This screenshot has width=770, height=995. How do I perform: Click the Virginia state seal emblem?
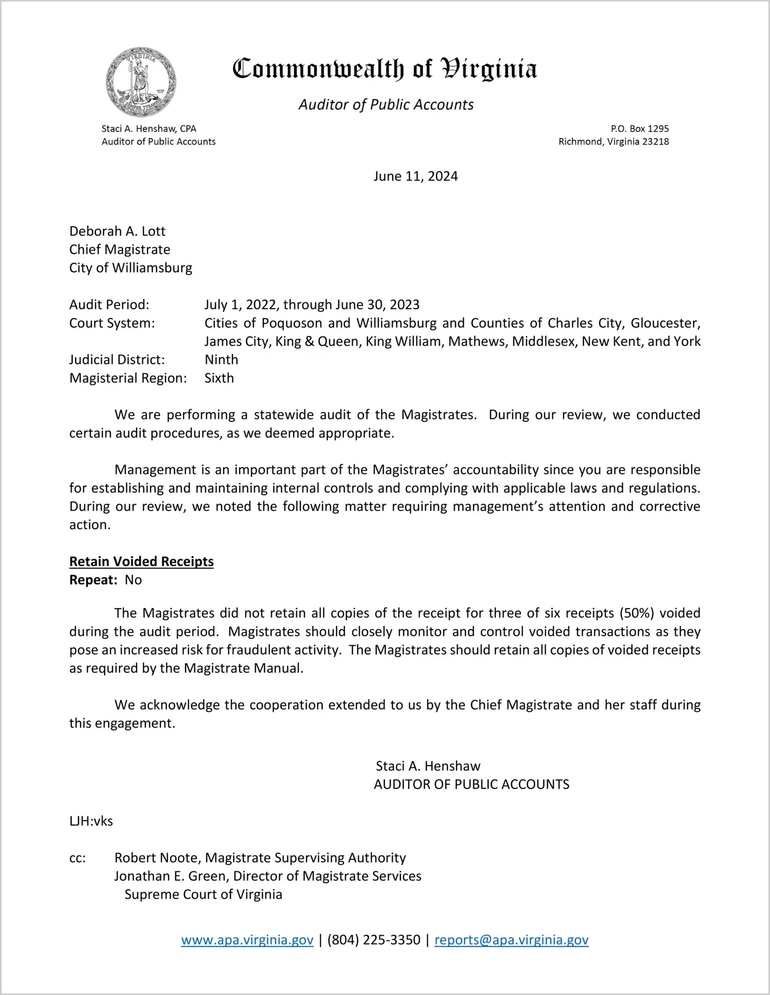coord(141,82)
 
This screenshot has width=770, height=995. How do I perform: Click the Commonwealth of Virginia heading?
coord(384,70)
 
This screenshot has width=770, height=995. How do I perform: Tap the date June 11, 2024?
coord(415,176)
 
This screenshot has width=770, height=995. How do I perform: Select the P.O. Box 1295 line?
coord(640,128)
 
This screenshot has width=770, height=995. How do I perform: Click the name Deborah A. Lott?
coord(118,231)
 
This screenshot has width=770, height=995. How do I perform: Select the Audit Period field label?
coord(109,305)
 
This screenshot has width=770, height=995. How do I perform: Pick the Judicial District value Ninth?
coord(221,360)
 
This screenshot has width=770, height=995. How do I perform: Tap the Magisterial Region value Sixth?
coord(219,378)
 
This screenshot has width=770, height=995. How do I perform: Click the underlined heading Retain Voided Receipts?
coord(141,562)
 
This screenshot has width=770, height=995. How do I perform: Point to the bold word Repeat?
coord(93,580)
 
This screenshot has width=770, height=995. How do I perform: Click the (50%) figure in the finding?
coord(637,613)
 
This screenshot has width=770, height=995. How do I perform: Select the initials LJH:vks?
coord(91,821)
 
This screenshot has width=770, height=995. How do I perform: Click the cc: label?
coord(77,858)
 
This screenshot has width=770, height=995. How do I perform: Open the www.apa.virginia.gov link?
coord(247,940)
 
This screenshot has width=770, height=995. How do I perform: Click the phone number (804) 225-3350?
coord(374,940)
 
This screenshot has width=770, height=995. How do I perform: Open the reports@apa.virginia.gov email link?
coord(511,940)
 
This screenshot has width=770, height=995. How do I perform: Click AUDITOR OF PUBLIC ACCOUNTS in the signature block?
coord(471,785)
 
